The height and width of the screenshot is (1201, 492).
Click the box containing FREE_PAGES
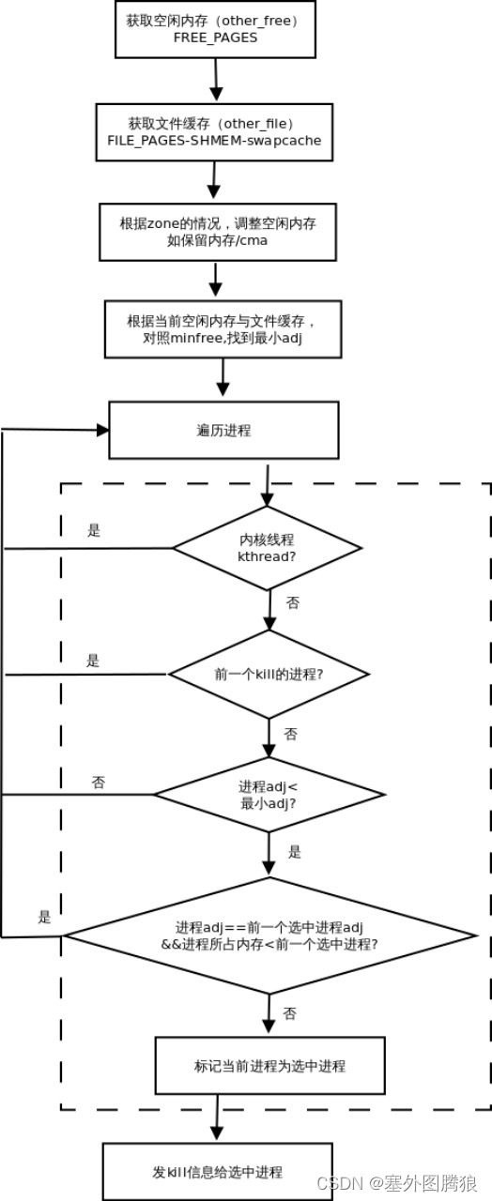click(215, 29)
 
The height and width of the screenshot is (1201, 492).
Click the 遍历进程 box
click(223, 431)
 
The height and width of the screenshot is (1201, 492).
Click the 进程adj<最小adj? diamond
click(269, 795)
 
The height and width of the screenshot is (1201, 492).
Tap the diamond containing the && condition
click(269, 935)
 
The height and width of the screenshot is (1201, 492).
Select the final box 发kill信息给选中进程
click(217, 1172)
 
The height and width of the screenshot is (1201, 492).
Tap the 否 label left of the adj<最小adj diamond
click(98, 782)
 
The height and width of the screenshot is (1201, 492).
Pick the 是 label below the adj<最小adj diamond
click(294, 852)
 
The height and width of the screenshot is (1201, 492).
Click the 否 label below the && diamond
click(290, 1013)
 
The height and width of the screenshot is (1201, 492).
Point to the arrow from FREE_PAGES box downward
click(216, 79)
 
